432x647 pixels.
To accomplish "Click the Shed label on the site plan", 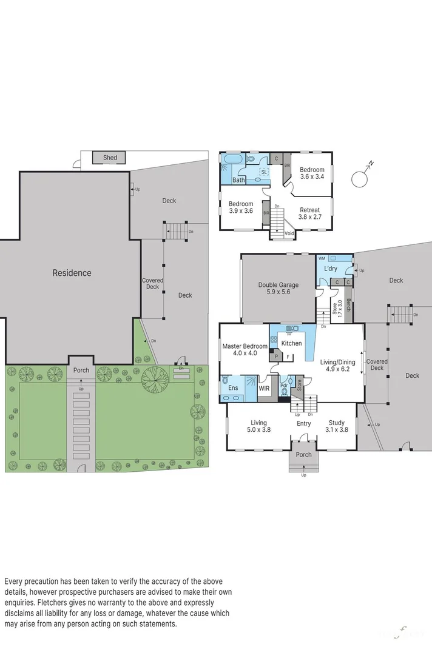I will [110, 158].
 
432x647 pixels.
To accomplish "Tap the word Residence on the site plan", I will [72, 273].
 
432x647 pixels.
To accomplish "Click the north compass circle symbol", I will [359, 178].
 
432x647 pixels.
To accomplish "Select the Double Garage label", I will [278, 288].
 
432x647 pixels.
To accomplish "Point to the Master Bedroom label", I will [241, 349].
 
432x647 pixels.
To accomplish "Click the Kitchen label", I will [291, 343].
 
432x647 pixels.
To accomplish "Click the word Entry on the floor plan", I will [303, 423].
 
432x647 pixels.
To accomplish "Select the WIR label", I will [264, 387].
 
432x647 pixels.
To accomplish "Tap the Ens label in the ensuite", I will [233, 387].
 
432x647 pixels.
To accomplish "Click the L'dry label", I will [330, 269].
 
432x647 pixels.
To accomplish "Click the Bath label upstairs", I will [239, 180].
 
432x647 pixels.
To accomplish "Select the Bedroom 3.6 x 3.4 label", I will [312, 173].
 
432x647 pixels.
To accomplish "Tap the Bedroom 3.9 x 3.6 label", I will [241, 207].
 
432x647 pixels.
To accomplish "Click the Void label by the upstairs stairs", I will [289, 233].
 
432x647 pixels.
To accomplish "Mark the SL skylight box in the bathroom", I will [264, 172].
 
